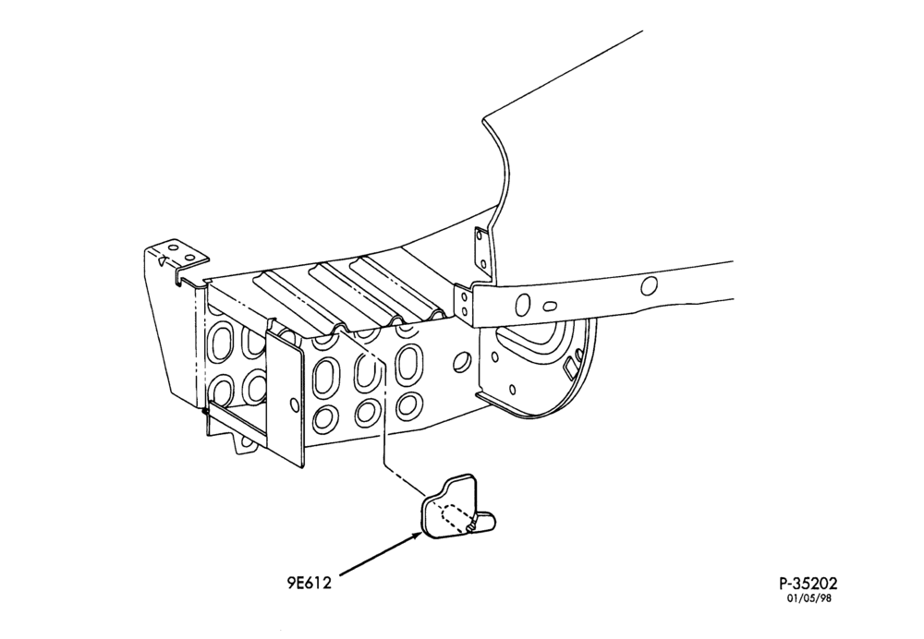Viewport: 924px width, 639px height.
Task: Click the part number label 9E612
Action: coord(310,583)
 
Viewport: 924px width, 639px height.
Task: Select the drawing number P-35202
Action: coord(808,583)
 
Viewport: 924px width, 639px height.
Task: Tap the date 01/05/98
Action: coord(809,598)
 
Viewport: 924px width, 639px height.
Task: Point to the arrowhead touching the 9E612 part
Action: coord(418,536)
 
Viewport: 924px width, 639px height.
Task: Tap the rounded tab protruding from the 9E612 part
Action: coord(486,522)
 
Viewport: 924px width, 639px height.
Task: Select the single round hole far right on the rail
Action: coord(649,286)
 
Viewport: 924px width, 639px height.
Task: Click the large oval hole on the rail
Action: coord(523,305)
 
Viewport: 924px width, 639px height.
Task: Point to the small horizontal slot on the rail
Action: coord(549,307)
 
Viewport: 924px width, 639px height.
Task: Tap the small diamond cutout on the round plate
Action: coord(570,368)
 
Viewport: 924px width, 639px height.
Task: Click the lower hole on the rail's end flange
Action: coord(465,310)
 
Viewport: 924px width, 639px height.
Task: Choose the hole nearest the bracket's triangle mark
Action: coord(174,248)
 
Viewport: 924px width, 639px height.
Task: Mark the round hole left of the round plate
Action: coord(463,361)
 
